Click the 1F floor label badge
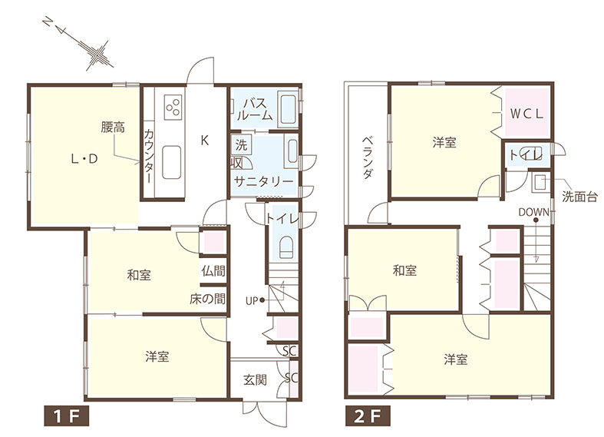click(x=66, y=415)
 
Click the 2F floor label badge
click(x=367, y=415)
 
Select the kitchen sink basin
click(x=171, y=162)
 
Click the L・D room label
click(x=84, y=158)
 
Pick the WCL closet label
click(x=526, y=114)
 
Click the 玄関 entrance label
click(x=255, y=380)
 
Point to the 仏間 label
click(x=213, y=270)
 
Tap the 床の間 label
click(x=207, y=299)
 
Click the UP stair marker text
click(x=252, y=300)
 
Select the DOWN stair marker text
click(x=533, y=212)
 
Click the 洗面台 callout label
click(x=579, y=197)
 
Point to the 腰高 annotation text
click(x=113, y=127)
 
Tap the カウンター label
click(x=149, y=157)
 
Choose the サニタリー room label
click(x=263, y=181)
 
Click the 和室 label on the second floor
click(x=404, y=270)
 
